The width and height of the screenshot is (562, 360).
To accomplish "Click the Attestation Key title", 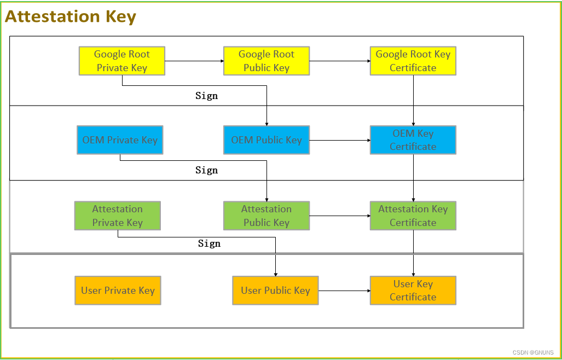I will [71, 16].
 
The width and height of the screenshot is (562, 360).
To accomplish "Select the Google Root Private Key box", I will [121, 61].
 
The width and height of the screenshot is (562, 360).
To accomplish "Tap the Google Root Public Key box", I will [266, 61].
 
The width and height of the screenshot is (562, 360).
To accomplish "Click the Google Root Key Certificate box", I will [413, 61].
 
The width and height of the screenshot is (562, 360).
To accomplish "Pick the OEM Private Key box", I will [120, 140].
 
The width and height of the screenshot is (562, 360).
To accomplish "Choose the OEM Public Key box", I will [266, 140].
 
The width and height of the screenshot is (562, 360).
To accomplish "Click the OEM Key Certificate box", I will [413, 140].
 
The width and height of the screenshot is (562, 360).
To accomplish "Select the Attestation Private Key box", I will [117, 216].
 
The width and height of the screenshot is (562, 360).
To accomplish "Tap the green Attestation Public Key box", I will [266, 216].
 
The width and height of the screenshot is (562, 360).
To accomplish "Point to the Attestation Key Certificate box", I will [413, 216].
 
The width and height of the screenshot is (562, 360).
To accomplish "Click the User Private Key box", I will [118, 291].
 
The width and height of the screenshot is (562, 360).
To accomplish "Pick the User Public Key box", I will [275, 291].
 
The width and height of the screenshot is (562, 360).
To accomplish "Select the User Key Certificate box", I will [413, 291].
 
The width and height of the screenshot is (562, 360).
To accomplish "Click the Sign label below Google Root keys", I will [207, 96].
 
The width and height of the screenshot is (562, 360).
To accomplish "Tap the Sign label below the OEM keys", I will [207, 170].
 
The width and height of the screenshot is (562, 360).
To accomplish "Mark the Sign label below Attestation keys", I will [209, 243].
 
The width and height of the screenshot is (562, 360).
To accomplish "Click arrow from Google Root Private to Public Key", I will [194, 61].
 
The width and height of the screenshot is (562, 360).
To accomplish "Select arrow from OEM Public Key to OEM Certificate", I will [339, 140].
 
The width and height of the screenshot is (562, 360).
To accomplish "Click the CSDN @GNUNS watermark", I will [533, 353].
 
